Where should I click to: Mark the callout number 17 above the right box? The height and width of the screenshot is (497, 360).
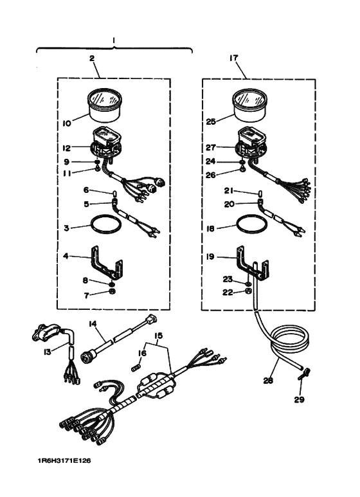[x=233, y=58]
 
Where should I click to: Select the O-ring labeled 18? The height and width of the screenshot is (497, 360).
[x=251, y=226]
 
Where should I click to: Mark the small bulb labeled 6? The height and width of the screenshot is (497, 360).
[x=115, y=191]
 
